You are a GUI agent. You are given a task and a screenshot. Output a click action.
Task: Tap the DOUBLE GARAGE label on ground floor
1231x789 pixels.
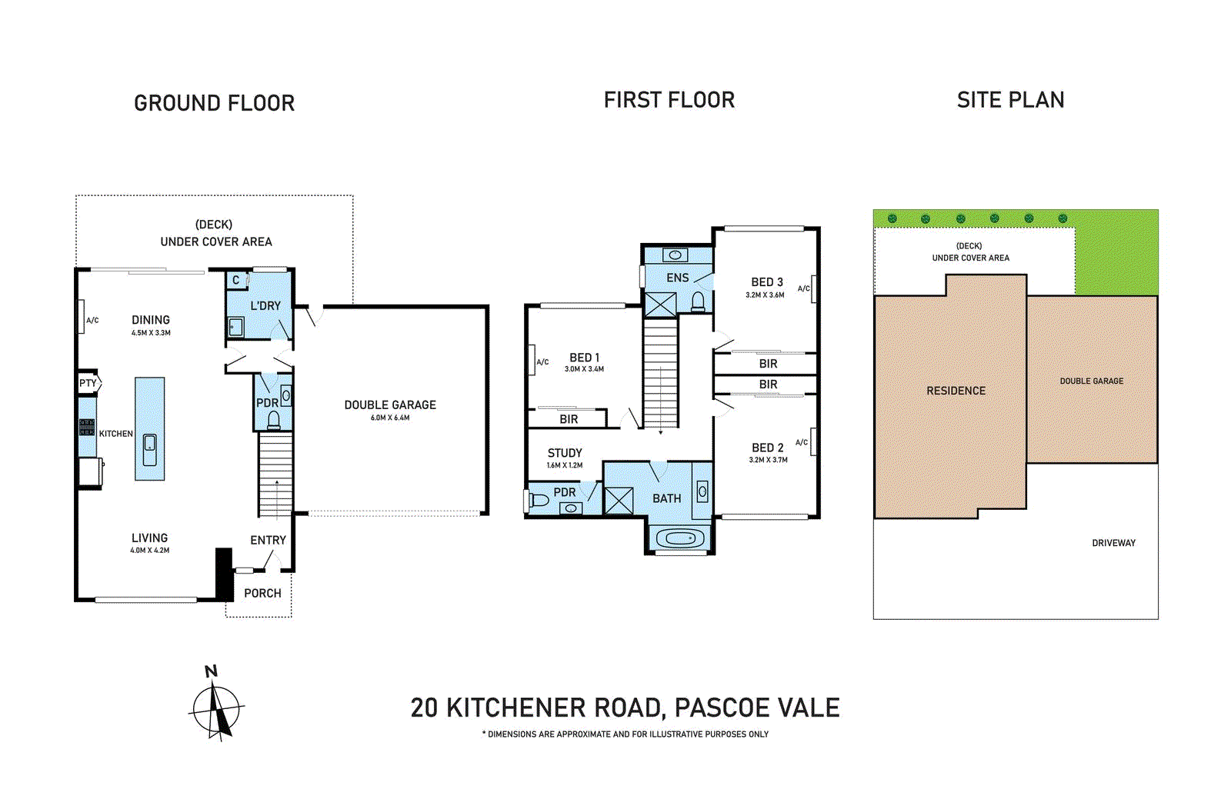390,404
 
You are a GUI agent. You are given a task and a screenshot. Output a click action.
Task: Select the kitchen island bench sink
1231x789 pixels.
150,444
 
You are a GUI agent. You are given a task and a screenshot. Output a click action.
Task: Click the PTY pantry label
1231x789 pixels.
88,383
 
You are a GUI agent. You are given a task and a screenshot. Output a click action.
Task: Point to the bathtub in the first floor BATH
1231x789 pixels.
679,538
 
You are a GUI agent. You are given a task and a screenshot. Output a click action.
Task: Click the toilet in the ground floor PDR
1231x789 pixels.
273,420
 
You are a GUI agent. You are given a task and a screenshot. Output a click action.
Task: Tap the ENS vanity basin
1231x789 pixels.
676,255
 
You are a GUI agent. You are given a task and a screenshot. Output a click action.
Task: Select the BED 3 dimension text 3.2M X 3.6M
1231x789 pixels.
765,295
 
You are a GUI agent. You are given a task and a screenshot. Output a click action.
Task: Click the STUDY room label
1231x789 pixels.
565,453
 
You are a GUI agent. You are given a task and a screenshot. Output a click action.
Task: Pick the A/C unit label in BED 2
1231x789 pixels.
802,442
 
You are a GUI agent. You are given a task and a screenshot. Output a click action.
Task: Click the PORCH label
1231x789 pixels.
262,593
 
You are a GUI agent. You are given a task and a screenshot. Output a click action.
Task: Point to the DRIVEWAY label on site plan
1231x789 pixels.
1113,543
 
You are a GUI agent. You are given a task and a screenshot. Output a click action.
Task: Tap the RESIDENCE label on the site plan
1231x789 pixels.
956,391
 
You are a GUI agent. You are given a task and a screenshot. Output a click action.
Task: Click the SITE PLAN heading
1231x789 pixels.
1010,100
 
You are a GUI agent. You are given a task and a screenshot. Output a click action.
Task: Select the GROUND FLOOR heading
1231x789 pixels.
214,103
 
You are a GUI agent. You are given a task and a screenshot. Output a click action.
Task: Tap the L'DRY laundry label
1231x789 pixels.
265,305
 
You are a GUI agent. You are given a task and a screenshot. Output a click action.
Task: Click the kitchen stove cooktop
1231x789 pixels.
87,428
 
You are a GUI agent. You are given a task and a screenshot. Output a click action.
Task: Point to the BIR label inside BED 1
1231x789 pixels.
569,419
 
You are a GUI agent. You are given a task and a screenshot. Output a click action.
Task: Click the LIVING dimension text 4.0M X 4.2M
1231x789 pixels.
149,551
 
